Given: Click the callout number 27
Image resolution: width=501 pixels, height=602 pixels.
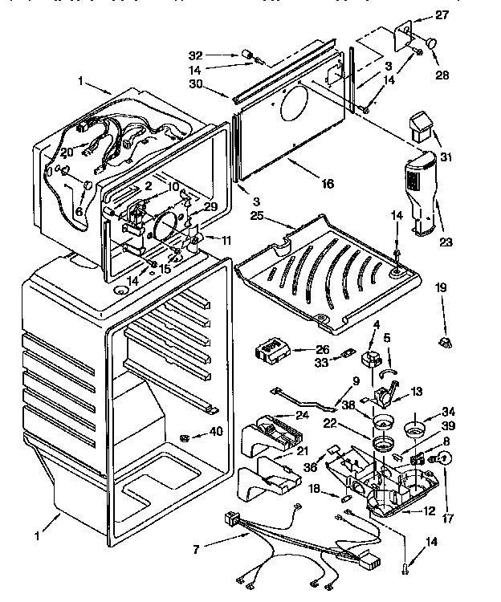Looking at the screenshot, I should pyautogui.click(x=442, y=14).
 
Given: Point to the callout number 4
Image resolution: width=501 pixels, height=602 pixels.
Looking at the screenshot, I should pyautogui.click(x=376, y=323).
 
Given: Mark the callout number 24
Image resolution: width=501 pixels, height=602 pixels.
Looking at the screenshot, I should pyautogui.click(x=302, y=415).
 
